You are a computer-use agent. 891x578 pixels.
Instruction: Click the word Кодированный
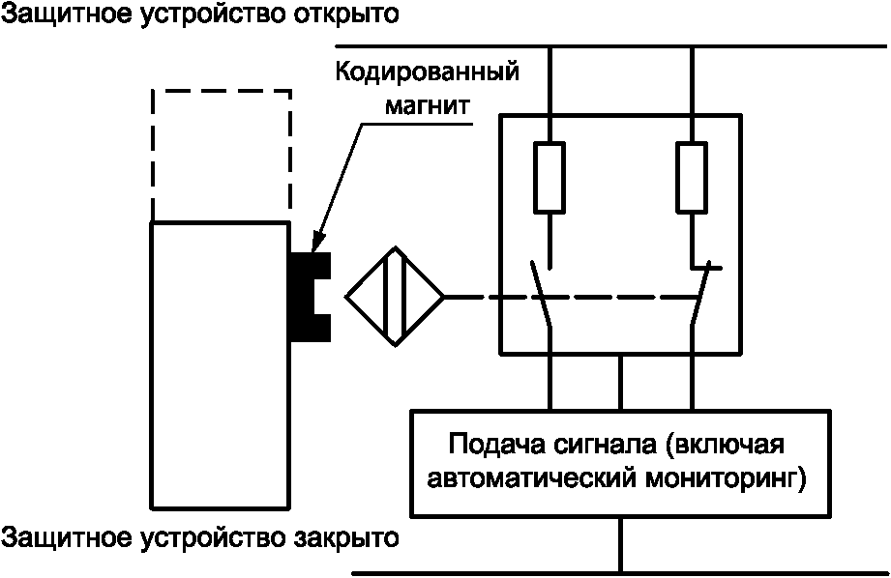click(x=427, y=73)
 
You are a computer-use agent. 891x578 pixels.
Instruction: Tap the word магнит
click(x=428, y=105)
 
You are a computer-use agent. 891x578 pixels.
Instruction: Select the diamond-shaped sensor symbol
click(x=396, y=296)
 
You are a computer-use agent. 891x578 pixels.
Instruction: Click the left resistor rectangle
click(x=549, y=178)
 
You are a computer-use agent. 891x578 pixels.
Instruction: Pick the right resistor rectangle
click(x=692, y=178)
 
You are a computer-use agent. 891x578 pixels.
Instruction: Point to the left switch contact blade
click(x=541, y=294)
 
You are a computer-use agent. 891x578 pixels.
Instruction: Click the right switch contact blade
click(x=700, y=294)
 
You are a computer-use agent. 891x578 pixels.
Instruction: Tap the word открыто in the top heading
click(x=346, y=15)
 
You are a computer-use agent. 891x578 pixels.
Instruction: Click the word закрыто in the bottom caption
click(x=346, y=537)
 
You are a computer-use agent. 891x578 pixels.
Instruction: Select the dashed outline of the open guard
click(x=222, y=90)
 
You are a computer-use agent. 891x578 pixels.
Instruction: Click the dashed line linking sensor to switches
click(x=571, y=297)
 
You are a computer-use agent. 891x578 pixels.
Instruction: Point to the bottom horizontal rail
click(x=619, y=573)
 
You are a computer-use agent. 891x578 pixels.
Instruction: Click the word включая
click(x=724, y=444)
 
